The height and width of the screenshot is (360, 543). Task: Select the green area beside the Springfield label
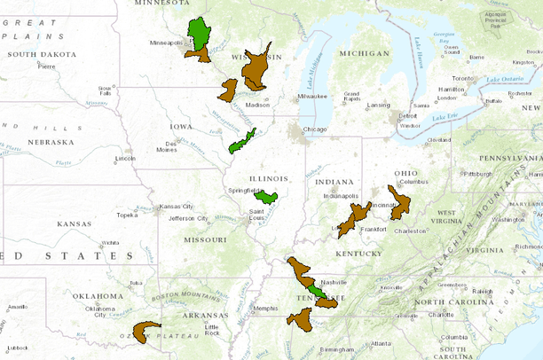tap(268, 195)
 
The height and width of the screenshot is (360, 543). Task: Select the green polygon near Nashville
tap(316, 288)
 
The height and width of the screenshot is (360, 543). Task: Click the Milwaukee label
tap(312, 95)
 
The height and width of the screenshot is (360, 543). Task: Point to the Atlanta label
tap(382, 343)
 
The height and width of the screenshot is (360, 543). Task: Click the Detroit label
tap(407, 116)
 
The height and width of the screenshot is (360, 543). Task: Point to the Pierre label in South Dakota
tap(46, 67)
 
